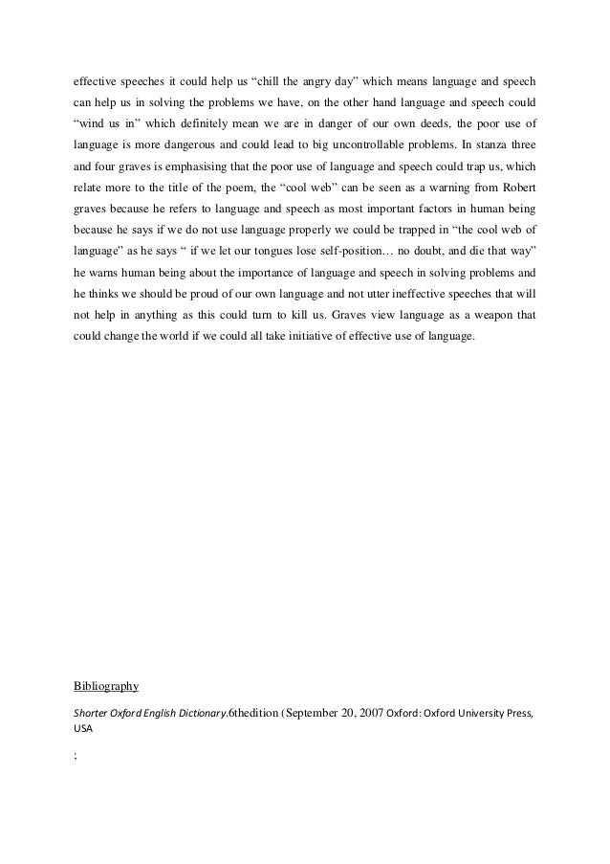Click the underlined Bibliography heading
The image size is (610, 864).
[x=106, y=686]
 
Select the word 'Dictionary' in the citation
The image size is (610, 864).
[x=199, y=714]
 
